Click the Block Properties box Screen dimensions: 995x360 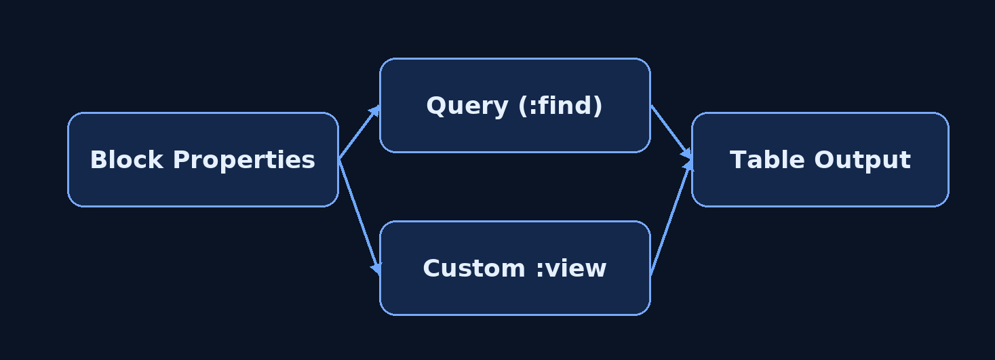[203, 160]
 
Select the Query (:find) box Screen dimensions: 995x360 [515, 105]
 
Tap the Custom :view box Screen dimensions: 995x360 [515, 268]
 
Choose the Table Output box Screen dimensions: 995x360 [821, 160]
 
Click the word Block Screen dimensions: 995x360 [127, 160]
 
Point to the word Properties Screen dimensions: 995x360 [244, 161]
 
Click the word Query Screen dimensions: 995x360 [467, 106]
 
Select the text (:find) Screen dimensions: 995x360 [560, 106]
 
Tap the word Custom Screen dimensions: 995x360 [474, 268]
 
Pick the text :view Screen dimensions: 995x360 [572, 268]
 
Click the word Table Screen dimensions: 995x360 [767, 160]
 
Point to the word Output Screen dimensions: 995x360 [863, 161]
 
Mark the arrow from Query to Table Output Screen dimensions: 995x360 [671, 132]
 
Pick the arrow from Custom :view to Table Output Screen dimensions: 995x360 [671, 218]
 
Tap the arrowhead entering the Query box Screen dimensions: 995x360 [376, 111]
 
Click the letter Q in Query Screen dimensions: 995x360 [436, 106]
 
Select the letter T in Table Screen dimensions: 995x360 [738, 160]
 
